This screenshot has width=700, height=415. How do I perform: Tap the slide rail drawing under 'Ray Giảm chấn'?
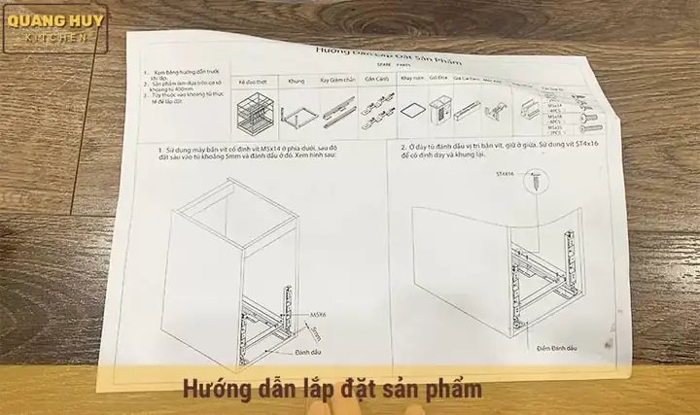[336, 111]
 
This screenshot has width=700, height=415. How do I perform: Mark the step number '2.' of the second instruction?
[402, 146]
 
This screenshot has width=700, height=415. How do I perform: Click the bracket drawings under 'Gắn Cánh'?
[377, 109]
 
